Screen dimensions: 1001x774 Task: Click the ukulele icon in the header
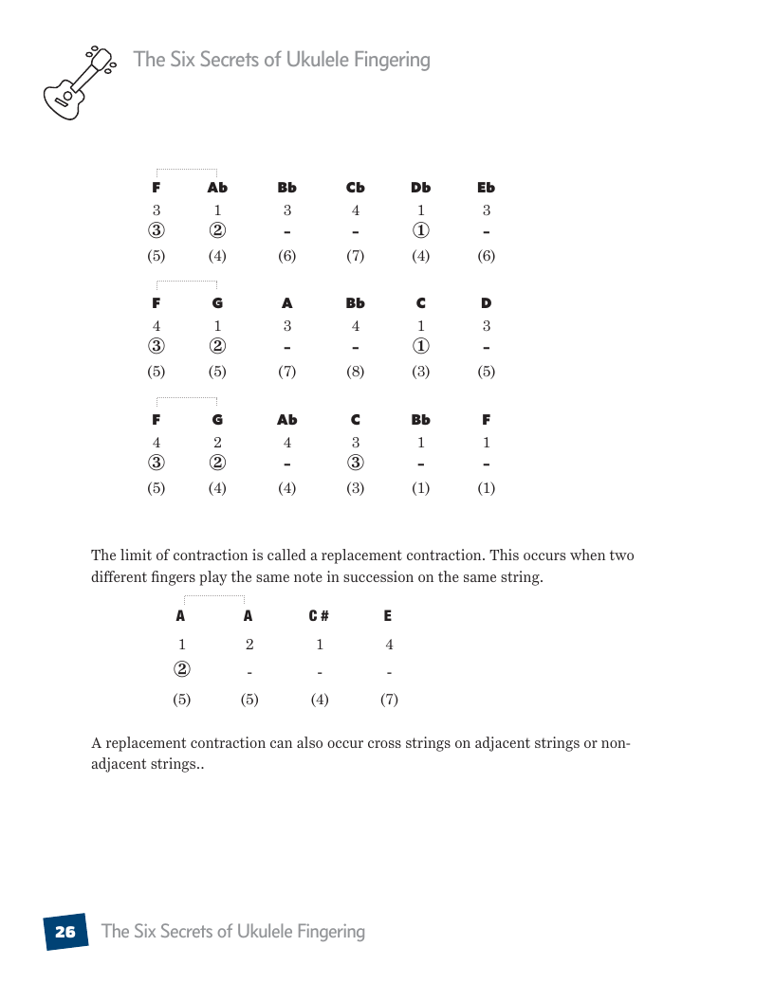pyautogui.click(x=78, y=82)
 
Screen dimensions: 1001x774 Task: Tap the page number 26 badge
pyautogui.click(x=65, y=932)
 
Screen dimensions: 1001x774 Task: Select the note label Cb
pyautogui.click(x=356, y=188)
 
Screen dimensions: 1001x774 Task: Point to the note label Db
pyautogui.click(x=421, y=188)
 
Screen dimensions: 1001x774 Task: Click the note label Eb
pyautogui.click(x=487, y=188)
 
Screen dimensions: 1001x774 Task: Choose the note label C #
pyautogui.click(x=320, y=616)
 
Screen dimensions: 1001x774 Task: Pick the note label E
pyautogui.click(x=388, y=616)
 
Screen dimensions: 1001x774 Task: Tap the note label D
pyautogui.click(x=487, y=303)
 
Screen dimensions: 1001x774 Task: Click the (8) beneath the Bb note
pyautogui.click(x=356, y=372)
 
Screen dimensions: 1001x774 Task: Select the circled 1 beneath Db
pyautogui.click(x=421, y=231)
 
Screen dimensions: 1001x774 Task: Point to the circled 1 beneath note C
pyautogui.click(x=421, y=347)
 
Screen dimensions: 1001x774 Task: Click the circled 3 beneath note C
pyautogui.click(x=356, y=464)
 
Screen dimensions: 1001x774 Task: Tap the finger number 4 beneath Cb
pyautogui.click(x=356, y=210)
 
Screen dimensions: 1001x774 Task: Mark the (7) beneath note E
pyautogui.click(x=389, y=701)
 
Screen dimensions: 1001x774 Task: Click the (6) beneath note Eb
pyautogui.click(x=487, y=256)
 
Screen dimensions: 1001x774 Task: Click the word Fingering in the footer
pyautogui.click(x=326, y=931)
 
